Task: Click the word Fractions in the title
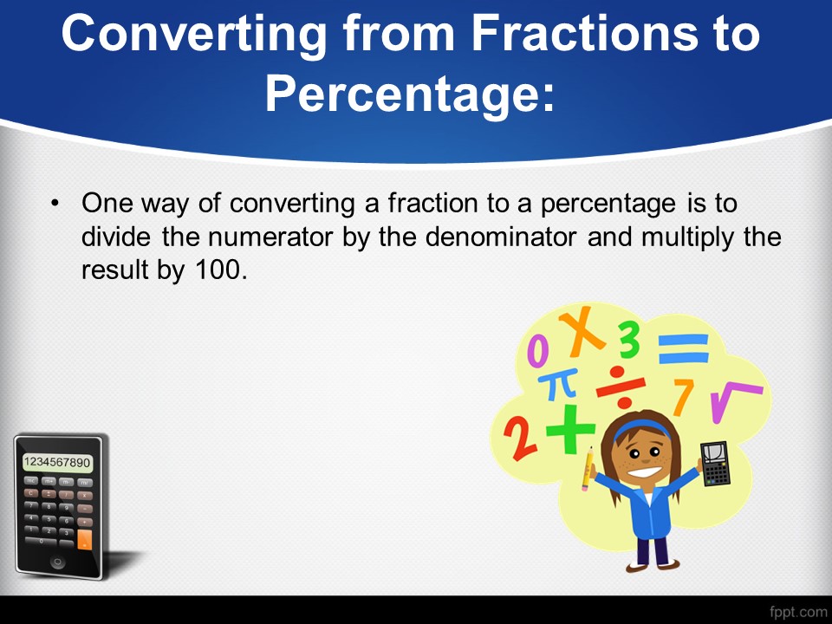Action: point(583,33)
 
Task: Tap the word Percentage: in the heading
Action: point(410,94)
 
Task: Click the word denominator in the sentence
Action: point(500,237)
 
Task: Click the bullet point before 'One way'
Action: point(55,203)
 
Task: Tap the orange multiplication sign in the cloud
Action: point(582,332)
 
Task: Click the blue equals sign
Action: point(684,348)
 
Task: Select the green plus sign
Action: point(570,429)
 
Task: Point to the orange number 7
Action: point(683,396)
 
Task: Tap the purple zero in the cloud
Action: point(537,352)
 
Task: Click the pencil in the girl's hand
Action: point(588,469)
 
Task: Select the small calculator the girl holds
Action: point(715,464)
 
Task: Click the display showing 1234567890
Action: point(57,462)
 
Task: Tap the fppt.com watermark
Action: point(798,613)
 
